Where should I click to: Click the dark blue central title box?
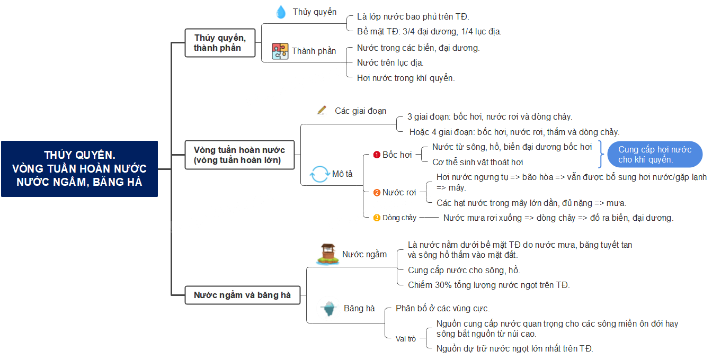tap(79, 169)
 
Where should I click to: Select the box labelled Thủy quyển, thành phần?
tap(220, 43)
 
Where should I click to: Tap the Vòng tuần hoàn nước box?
tap(239, 155)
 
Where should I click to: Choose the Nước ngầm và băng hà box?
tap(243, 295)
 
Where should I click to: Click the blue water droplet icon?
tap(281, 12)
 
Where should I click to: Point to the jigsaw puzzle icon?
tap(280, 51)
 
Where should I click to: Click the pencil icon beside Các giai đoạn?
tap(322, 110)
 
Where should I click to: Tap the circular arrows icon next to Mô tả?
tap(319, 174)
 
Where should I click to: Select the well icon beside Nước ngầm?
tap(328, 254)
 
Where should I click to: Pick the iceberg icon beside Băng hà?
tap(328, 308)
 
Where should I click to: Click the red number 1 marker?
tap(377, 155)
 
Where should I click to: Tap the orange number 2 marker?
tap(377, 193)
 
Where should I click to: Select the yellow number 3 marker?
tap(377, 218)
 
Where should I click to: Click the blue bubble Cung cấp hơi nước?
tap(655, 155)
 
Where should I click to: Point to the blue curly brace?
tap(601, 155)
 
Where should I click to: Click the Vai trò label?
tap(406, 339)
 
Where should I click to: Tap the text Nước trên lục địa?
tap(390, 63)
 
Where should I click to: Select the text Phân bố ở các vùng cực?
tap(442, 308)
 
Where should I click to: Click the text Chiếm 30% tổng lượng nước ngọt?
tap(488, 285)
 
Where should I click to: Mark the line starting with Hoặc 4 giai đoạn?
tap(514, 132)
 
